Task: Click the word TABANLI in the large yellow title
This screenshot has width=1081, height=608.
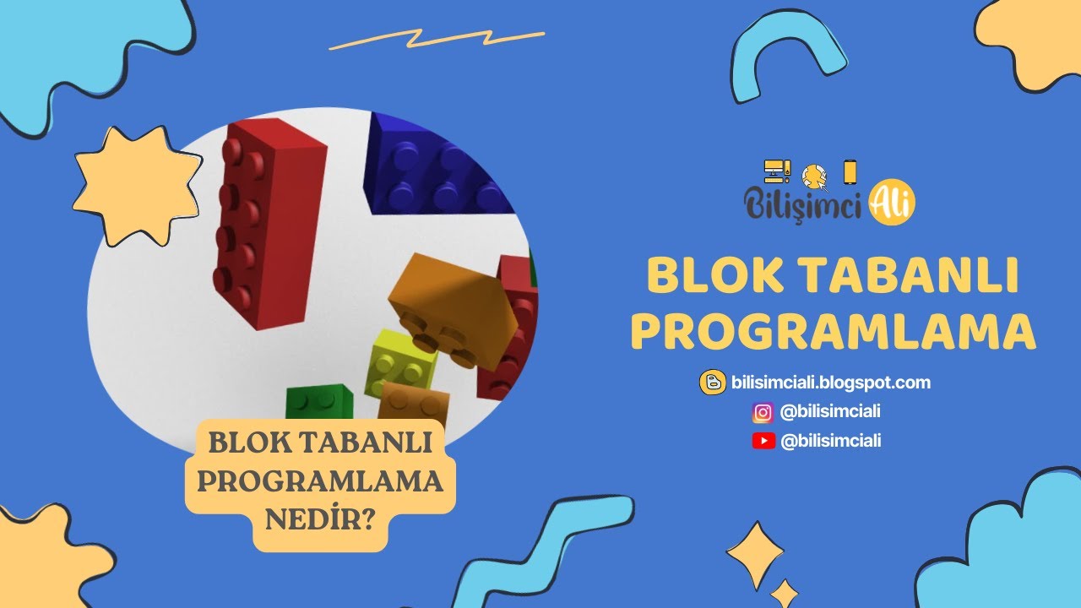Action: coord(907,276)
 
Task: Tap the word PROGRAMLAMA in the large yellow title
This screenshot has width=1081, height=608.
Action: coord(833,332)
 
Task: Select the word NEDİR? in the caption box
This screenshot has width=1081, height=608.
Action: coord(320,517)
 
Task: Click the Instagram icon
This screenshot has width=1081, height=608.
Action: coord(763,412)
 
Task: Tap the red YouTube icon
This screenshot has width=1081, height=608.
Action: coord(763,440)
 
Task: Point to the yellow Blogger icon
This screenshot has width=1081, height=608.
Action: coord(712,383)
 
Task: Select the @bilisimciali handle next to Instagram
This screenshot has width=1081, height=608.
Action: coord(831,412)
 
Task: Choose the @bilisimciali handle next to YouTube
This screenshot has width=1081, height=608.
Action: coord(831,440)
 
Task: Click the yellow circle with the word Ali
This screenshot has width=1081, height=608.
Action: coord(892,203)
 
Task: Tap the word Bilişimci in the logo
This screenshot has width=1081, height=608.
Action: coord(803,204)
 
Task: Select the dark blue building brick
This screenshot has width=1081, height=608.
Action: coord(431,169)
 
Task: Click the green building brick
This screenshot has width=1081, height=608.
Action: coord(318,402)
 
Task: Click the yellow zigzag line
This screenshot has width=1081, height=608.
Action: coord(437,39)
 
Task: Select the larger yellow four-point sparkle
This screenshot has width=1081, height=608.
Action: coord(755,554)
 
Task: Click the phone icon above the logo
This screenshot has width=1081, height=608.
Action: coord(850,172)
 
